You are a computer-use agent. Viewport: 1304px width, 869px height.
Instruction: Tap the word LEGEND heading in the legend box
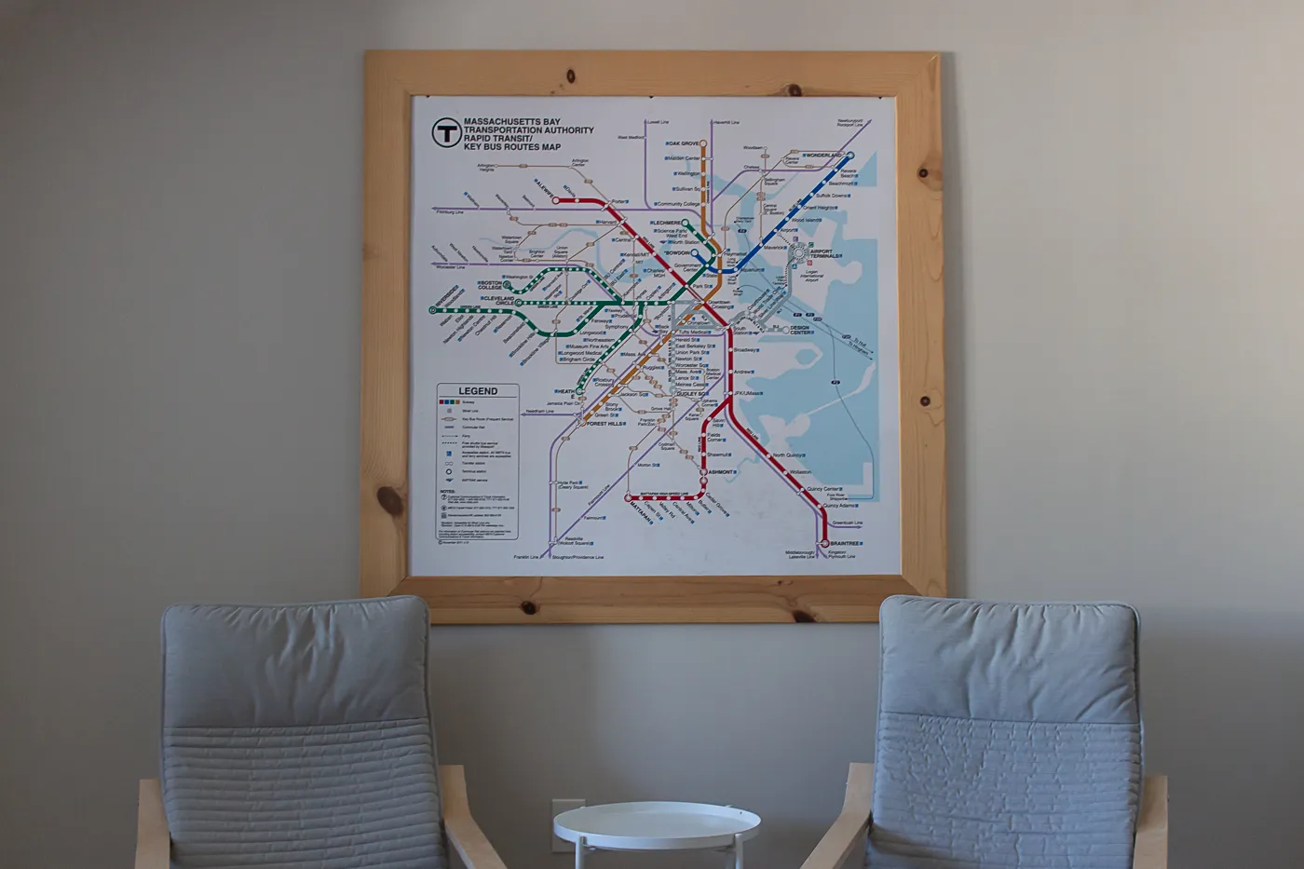[x=477, y=391]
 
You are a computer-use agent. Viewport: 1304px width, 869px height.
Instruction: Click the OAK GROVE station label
[x=683, y=143]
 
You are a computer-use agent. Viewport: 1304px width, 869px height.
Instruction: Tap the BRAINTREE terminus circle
[x=823, y=543]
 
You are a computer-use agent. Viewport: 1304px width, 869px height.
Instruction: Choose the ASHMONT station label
[x=721, y=473]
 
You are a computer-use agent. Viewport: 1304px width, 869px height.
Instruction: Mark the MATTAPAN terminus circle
[x=629, y=498]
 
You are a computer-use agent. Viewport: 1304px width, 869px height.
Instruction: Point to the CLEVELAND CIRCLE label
[x=497, y=301]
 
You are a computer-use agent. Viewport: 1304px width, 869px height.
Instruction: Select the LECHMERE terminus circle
[x=686, y=223]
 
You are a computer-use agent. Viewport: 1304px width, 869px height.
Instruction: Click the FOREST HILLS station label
[x=606, y=424]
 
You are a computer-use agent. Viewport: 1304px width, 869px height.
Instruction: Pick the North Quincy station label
[x=788, y=456]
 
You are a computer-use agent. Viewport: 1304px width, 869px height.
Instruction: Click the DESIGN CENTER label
[x=799, y=330]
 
